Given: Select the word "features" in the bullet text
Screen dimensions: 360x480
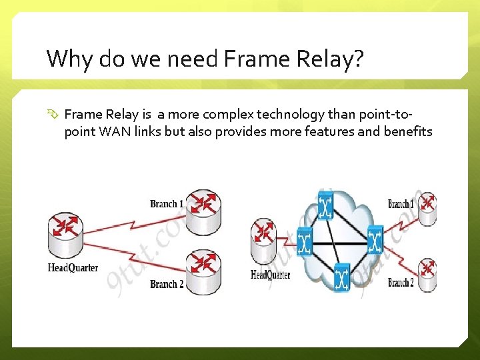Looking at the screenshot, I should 328,131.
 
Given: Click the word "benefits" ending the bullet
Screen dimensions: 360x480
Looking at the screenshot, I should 408,131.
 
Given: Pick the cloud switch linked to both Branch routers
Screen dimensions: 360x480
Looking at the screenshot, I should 375,240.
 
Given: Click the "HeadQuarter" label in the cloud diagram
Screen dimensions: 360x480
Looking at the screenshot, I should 270,275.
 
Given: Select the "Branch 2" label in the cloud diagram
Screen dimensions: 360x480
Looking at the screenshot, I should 401,283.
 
